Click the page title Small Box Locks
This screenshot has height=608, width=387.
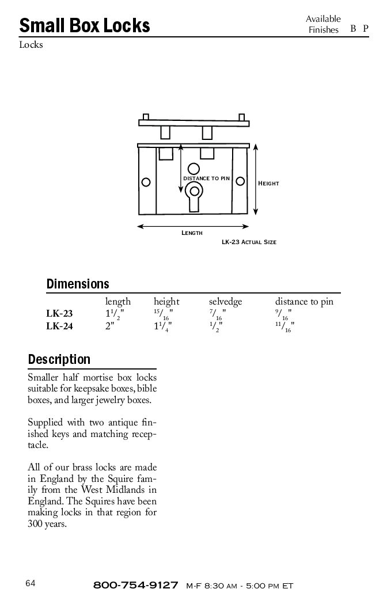[x=85, y=26]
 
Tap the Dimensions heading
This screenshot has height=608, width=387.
[x=77, y=284]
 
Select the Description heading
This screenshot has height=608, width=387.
[x=59, y=360]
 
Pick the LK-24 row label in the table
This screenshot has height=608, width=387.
[x=59, y=326]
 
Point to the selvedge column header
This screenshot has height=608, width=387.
[x=225, y=302]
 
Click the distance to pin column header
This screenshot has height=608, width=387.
[x=304, y=302]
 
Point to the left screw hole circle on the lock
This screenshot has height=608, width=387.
[x=146, y=183]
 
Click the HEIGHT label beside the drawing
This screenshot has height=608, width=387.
[x=268, y=184]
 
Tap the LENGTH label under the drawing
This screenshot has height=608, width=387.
[x=192, y=233]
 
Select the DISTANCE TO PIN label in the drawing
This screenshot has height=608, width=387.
[x=206, y=178]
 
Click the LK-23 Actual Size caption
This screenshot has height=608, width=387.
[x=249, y=242]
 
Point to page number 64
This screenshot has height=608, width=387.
[x=31, y=583]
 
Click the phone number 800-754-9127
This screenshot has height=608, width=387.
[x=135, y=586]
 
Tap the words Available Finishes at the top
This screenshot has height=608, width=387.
[x=323, y=24]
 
